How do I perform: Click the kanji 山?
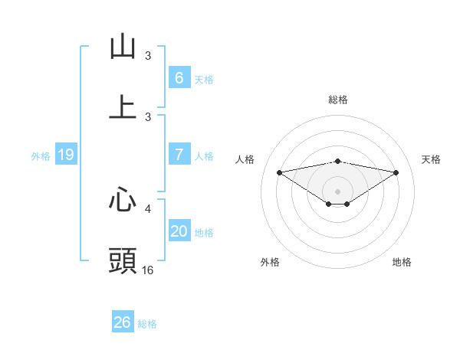123,47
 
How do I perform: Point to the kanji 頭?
123,261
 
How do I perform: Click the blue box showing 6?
179,78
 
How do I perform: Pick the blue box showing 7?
179,155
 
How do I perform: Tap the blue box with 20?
179,231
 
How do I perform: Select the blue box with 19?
65,155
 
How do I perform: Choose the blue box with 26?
122,322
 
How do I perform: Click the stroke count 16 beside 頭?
148,270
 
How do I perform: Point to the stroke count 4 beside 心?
148,208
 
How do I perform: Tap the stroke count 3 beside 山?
148,56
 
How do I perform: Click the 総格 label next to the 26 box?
147,324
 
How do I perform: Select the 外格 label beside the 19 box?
41,155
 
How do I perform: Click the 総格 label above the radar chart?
338,100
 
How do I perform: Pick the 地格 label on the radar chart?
402,262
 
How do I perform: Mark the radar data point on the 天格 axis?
396,172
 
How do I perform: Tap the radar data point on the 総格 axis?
338,161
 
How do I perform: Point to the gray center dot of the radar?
338,191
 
